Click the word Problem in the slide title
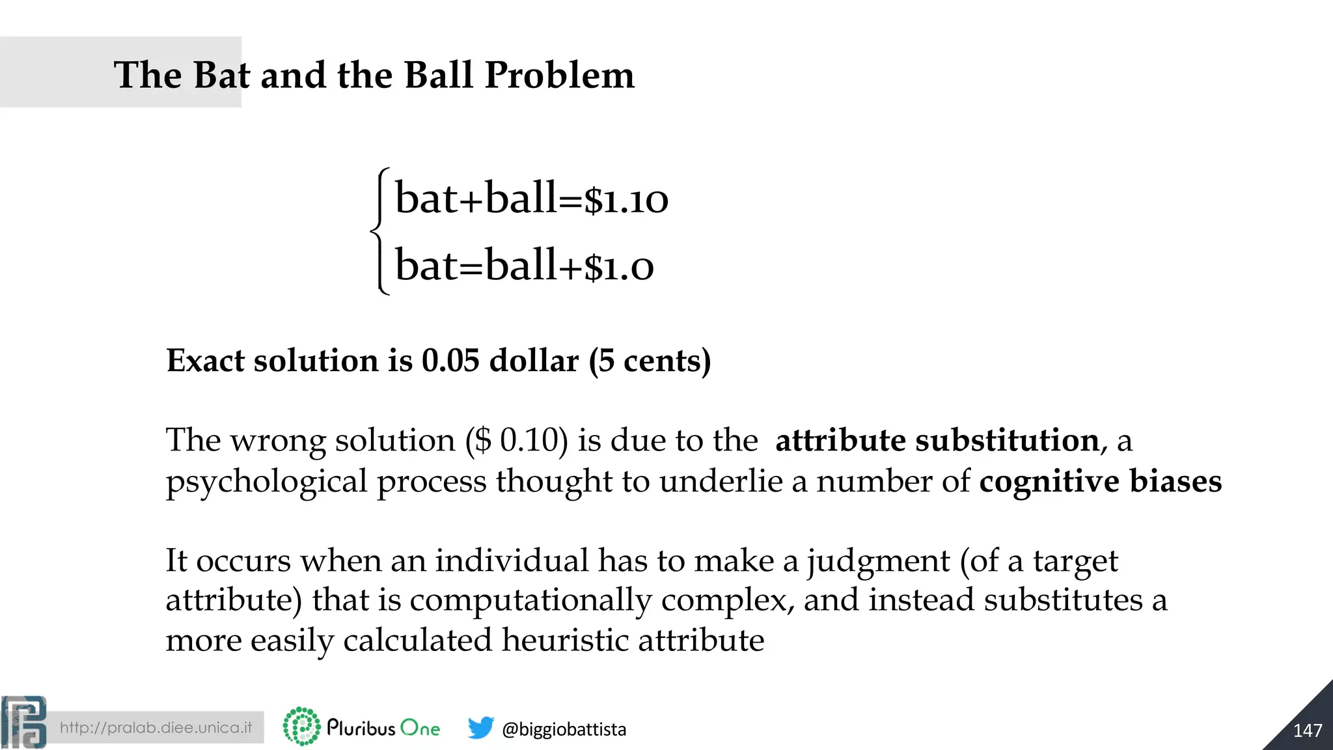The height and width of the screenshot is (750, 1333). pyautogui.click(x=559, y=76)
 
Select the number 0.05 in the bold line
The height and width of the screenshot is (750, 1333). pyautogui.click(x=450, y=361)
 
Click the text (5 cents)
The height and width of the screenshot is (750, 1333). pyautogui.click(x=650, y=361)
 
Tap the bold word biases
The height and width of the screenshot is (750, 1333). pyautogui.click(x=1175, y=482)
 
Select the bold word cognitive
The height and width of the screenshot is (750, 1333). pyautogui.click(x=1049, y=482)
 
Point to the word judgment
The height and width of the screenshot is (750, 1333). pyautogui.click(x=879, y=561)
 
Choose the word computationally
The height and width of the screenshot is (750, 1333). pyautogui.click(x=530, y=601)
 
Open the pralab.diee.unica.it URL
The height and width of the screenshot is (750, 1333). pyautogui.click(x=156, y=727)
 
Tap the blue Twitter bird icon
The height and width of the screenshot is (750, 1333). pyautogui.click(x=480, y=728)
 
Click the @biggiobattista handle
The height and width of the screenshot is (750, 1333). pyautogui.click(x=564, y=729)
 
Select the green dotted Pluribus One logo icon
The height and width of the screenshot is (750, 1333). pyautogui.click(x=301, y=727)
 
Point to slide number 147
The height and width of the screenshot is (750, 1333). pyautogui.click(x=1307, y=730)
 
